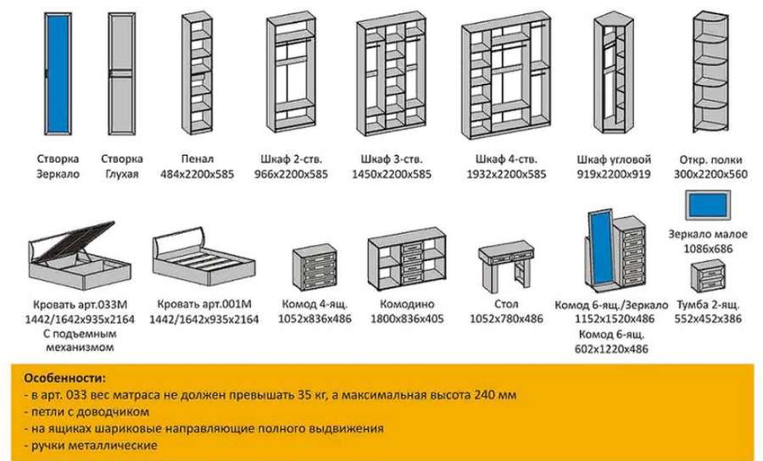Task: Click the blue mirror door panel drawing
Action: [x=58, y=74]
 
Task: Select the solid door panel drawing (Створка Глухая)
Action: [x=121, y=74]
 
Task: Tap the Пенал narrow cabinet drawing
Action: [x=197, y=73]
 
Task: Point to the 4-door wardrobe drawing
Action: [x=506, y=75]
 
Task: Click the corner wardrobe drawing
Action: [x=614, y=73]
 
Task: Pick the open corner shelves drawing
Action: [x=710, y=72]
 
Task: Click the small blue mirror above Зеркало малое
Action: [x=708, y=204]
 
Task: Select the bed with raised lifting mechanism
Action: [x=80, y=255]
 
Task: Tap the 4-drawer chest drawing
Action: [x=315, y=268]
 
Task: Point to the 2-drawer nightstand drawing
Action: [x=708, y=277]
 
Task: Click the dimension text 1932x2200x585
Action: [x=506, y=174]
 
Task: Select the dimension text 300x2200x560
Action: [x=710, y=174]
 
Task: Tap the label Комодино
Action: [x=407, y=304]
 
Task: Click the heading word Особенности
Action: [x=64, y=378]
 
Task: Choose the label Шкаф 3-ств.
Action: [x=392, y=159]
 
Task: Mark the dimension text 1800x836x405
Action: [x=407, y=319]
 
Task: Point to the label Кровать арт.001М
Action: [x=203, y=304]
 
